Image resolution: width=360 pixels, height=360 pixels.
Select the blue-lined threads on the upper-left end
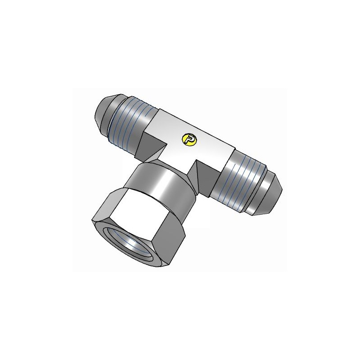(135, 124)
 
